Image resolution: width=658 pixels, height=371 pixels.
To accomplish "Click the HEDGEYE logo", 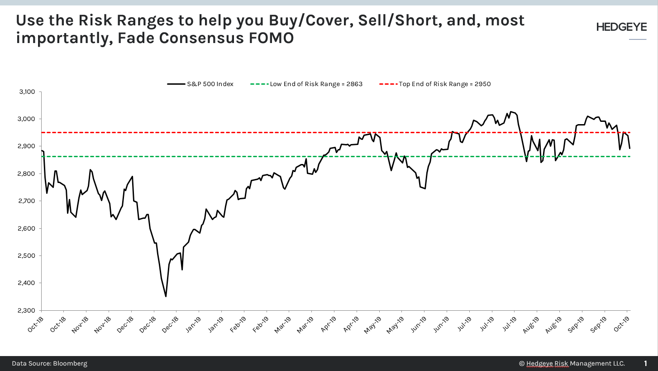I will (x=621, y=27).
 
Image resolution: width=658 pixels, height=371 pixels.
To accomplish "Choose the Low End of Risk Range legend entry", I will (x=306, y=84).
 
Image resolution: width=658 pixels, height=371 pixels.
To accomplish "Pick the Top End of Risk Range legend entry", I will (x=435, y=84).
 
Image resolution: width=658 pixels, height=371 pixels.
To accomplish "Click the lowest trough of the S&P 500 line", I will (x=166, y=296).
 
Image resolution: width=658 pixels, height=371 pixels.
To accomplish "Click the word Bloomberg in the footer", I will (x=70, y=363).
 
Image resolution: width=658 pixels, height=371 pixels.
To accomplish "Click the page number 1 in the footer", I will (x=646, y=363).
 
